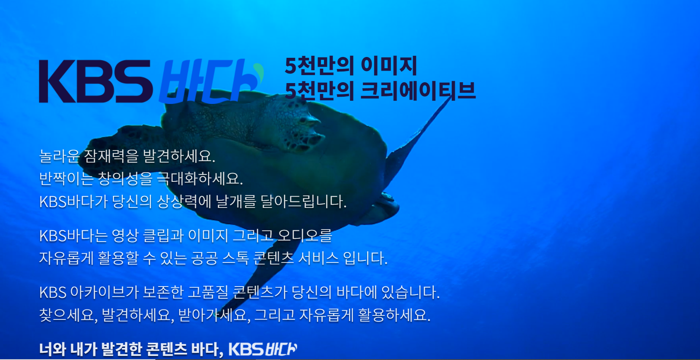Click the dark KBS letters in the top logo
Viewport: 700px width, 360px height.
[96, 81]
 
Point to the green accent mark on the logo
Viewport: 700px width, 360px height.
[259, 72]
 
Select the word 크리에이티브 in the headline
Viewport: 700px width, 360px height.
[418, 91]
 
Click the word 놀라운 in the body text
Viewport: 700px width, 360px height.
[59, 156]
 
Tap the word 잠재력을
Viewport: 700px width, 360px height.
[111, 156]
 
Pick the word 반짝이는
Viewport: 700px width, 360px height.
[66, 179]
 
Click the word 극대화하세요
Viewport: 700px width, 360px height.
[200, 179]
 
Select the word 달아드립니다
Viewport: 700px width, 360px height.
[303, 201]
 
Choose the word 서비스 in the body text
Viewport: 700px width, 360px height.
[318, 258]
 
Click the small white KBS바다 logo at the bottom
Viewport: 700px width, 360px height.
[263, 349]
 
